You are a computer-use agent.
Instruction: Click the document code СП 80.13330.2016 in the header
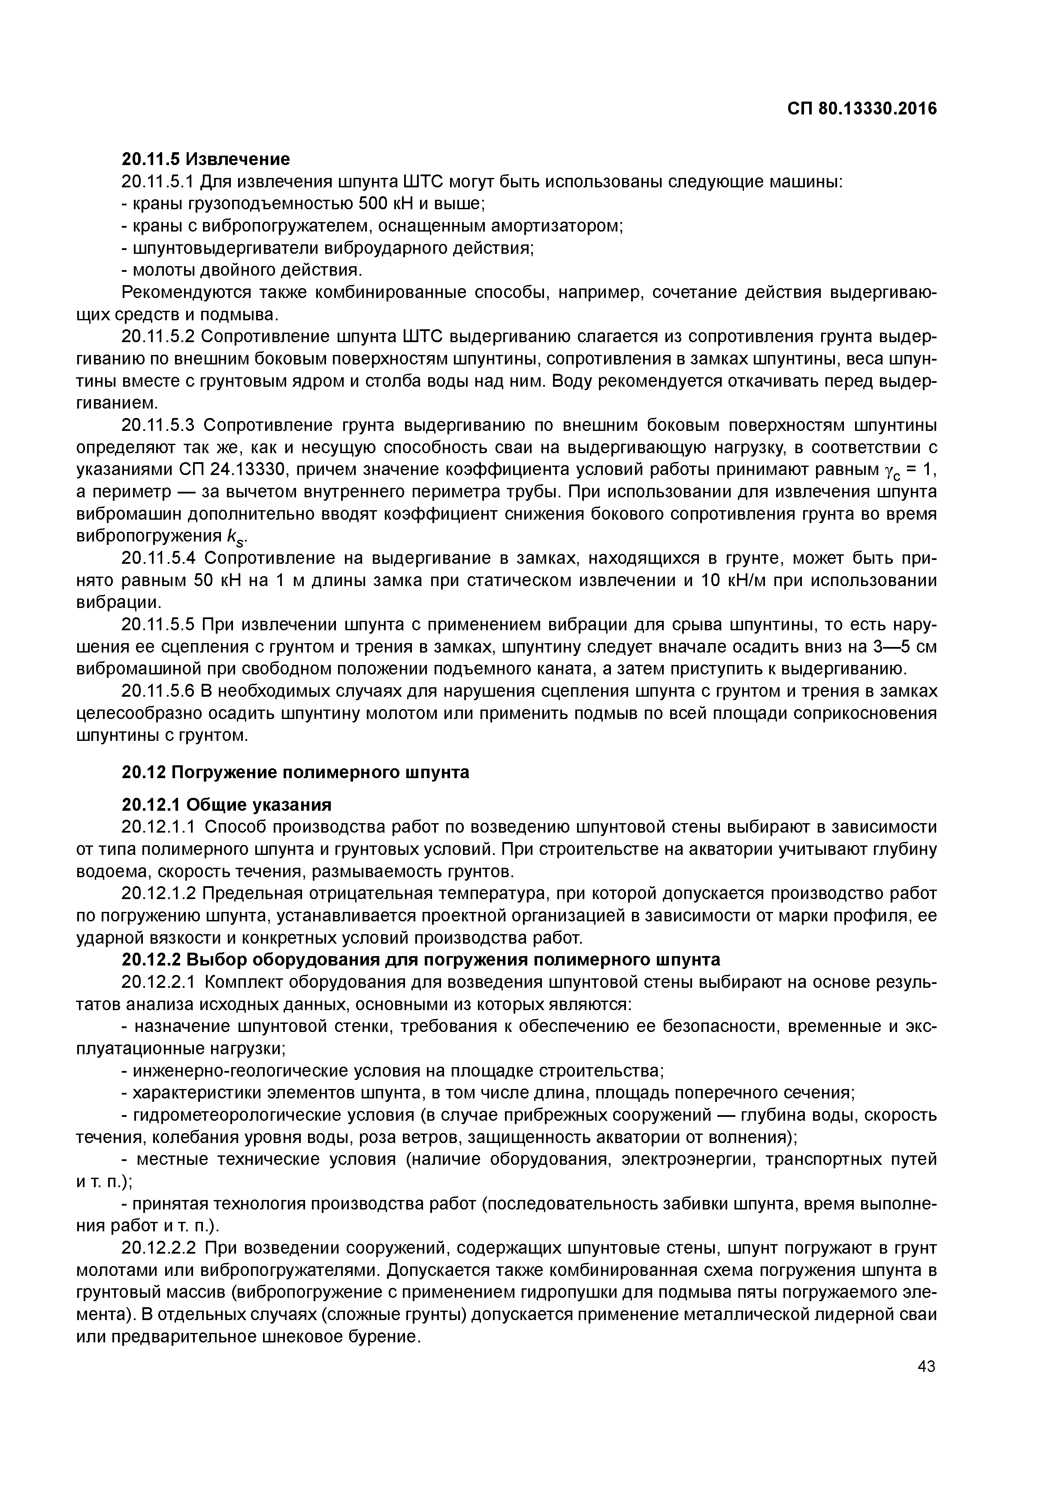click(861, 108)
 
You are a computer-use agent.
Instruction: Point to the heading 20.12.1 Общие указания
click(227, 804)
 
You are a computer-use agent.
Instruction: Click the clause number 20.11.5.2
click(159, 337)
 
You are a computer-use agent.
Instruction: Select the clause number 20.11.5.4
click(159, 558)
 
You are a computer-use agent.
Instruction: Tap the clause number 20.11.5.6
click(159, 692)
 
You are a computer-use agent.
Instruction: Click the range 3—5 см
click(905, 647)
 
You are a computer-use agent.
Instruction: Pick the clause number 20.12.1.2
click(159, 894)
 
